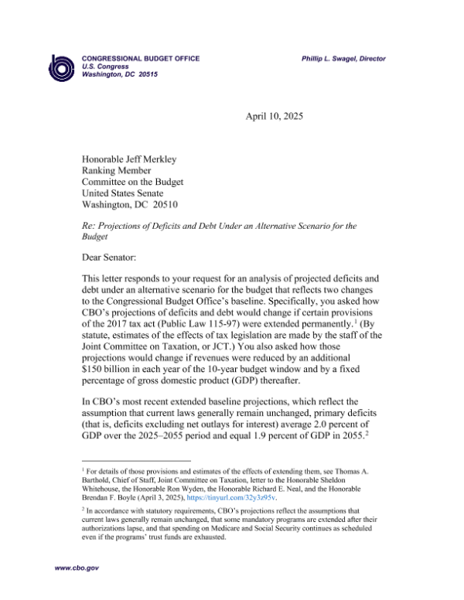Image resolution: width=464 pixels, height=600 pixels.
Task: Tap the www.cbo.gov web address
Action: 76,568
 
